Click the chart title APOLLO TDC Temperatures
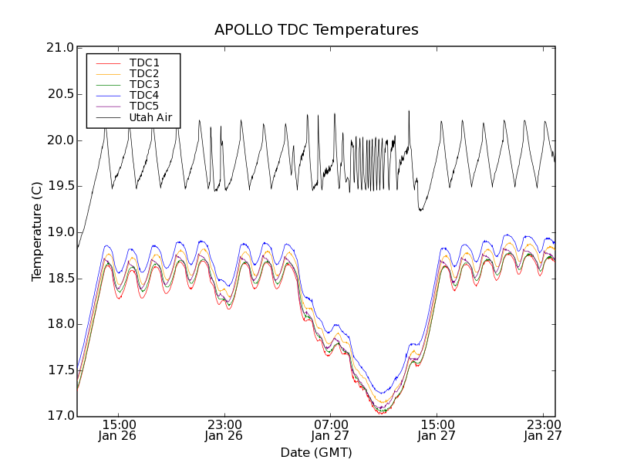[x=316, y=30]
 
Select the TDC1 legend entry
[x=144, y=63]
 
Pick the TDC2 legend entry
[x=144, y=73]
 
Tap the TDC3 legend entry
[x=144, y=85]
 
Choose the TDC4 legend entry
[x=144, y=96]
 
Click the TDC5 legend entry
[x=144, y=106]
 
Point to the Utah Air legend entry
[x=150, y=118]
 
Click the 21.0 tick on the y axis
[x=59, y=49]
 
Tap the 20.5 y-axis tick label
[x=59, y=94]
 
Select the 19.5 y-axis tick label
[x=59, y=186]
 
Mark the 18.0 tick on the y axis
[x=59, y=324]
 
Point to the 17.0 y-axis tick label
[x=59, y=416]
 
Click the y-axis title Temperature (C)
[x=37, y=231]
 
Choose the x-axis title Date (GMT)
[x=316, y=452]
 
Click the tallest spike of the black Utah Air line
[x=409, y=111]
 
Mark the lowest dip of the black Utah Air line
[x=420, y=210]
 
